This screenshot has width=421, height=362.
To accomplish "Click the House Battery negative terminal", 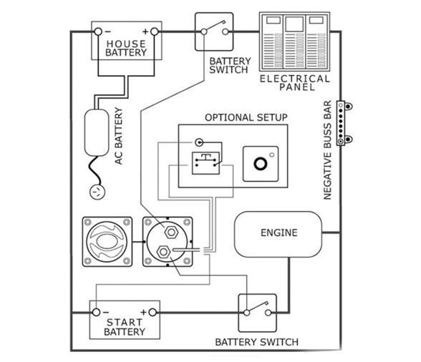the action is point(98,31).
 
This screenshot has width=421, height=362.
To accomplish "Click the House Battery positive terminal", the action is point(155,31).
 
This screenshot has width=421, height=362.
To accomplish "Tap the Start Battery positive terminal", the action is point(153,313).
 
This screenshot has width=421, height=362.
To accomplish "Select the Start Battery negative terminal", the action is point(96,313).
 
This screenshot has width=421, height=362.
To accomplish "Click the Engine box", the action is point(278,234).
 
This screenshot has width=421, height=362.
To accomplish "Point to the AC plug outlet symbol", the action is point(97,192).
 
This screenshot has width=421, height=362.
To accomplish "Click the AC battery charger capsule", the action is point(97,132).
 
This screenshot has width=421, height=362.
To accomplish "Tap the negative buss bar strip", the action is point(341,123).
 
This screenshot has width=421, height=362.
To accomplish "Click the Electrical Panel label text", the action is point(295,83).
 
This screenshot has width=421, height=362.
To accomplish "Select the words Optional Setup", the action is point(246,117).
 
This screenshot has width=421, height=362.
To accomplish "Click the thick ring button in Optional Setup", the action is point(260,164).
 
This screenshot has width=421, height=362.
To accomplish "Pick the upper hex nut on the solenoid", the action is point(171,232).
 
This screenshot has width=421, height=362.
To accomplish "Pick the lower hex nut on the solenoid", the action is point(163,252).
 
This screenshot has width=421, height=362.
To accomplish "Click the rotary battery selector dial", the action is point(107,242).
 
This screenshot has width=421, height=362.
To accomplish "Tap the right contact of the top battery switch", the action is point(226,32).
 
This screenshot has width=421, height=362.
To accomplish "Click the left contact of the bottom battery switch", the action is point(246,313).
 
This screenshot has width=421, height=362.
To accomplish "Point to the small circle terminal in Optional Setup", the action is point(199,142).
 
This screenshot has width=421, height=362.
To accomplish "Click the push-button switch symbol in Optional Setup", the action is point(205,163).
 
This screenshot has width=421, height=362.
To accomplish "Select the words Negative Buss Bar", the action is point(328,150).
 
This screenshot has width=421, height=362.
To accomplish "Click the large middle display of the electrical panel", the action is point(294,24).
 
